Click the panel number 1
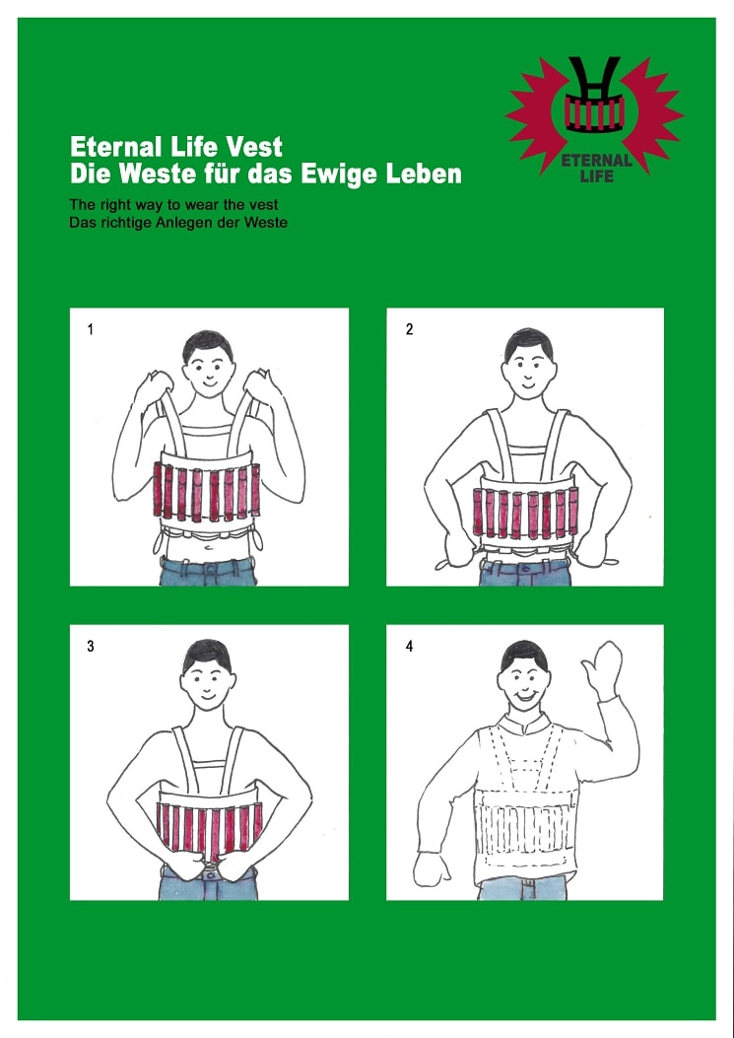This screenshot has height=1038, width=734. tap(90, 329)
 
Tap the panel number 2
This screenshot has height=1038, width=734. tap(409, 329)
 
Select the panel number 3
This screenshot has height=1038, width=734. tap(90, 647)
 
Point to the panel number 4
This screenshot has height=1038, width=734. tap(409, 647)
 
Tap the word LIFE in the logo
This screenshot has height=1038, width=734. tap(596, 176)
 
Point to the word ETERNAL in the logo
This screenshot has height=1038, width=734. tap(596, 161)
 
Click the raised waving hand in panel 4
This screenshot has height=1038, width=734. tap(602, 668)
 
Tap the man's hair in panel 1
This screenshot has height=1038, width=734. tap(208, 344)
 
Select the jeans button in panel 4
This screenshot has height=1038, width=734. tap(527, 883)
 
